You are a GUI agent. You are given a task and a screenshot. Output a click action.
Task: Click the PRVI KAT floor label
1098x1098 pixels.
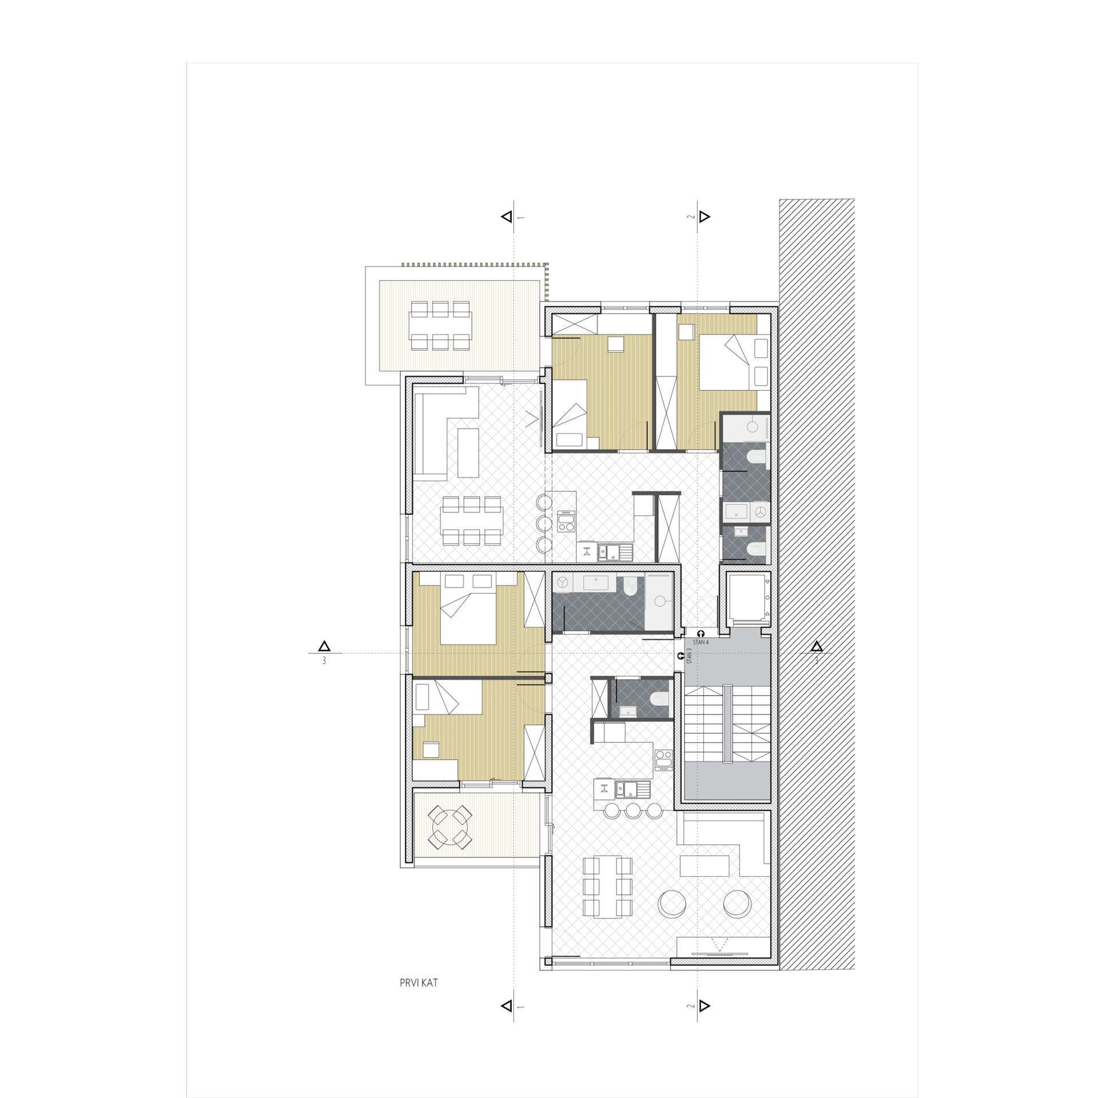[x=419, y=984]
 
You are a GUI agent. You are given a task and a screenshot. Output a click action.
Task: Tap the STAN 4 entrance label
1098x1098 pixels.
[x=701, y=642]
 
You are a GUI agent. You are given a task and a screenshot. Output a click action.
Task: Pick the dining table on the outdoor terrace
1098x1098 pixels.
[x=440, y=325]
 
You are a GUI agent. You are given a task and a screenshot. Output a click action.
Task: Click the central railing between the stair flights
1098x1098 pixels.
[x=727, y=725]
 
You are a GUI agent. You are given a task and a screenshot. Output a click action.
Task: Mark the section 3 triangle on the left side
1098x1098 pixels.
[x=324, y=646]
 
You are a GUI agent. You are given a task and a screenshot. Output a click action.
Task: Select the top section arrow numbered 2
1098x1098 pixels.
[x=705, y=217]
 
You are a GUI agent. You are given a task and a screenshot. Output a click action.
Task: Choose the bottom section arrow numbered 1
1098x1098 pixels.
[x=506, y=1021]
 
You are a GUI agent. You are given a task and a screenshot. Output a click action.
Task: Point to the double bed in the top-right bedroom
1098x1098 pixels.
[x=726, y=362]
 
